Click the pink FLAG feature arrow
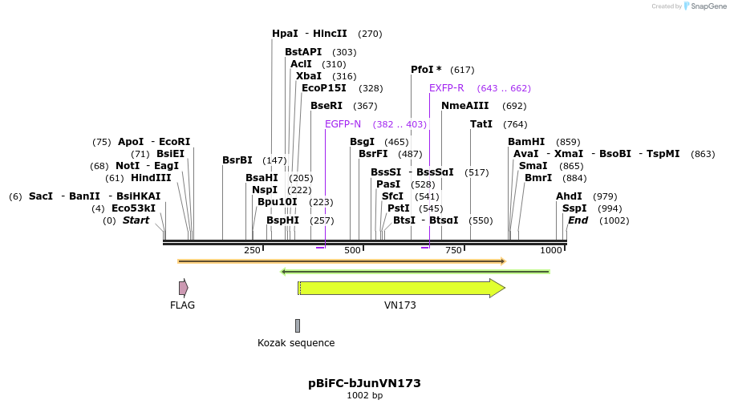point(183,288)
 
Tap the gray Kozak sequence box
point(298,325)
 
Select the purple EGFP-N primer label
point(343,124)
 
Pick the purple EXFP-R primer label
point(446,88)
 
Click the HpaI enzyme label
point(285,34)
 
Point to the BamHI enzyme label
point(526,142)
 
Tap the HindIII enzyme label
point(151,178)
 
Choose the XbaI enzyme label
point(309,76)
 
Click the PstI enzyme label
point(399,208)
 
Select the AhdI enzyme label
point(569,196)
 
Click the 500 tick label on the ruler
point(352,251)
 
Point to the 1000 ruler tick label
point(551,251)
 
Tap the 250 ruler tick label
point(252,251)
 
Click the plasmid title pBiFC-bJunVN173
point(364,383)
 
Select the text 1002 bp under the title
point(364,395)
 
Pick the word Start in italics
point(136,220)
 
